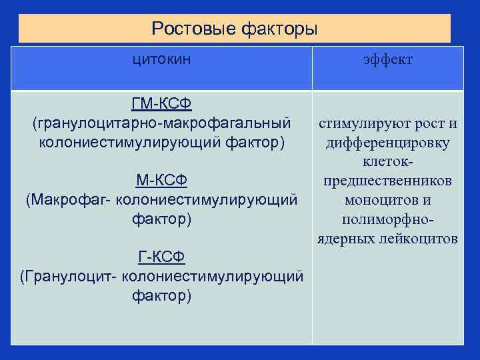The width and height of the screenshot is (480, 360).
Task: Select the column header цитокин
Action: pos(161,59)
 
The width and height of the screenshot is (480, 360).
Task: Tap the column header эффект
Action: pos(388,60)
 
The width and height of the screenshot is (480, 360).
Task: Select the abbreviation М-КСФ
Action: pos(161,181)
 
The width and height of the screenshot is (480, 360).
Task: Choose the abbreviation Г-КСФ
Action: pos(161,257)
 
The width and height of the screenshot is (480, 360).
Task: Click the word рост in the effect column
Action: pos(434,124)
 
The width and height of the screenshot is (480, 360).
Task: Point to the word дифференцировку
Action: pos(388,143)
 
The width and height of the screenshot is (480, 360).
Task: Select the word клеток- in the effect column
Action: pos(388,162)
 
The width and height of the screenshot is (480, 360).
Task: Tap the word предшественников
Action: pos(388,181)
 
